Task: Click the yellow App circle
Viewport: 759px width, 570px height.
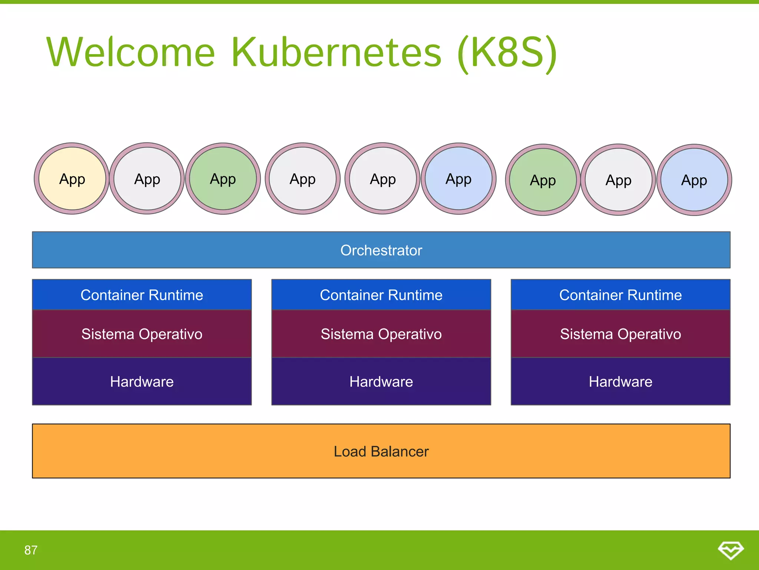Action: pos(72,179)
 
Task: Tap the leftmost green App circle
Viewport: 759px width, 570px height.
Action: pos(223,179)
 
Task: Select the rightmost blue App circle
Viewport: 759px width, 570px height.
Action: pos(694,180)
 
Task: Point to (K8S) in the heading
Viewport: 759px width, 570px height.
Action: pos(507,53)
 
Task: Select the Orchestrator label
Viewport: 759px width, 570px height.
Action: pos(381,250)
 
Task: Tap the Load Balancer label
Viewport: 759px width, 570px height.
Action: pos(381,451)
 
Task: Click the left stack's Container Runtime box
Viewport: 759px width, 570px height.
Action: pos(142,295)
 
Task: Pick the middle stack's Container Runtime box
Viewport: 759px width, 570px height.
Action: pos(381,295)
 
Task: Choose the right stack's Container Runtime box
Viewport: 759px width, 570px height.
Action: pos(620,295)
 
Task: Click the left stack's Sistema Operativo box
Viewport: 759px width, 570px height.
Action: pos(142,334)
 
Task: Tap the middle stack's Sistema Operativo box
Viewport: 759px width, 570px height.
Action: pos(381,334)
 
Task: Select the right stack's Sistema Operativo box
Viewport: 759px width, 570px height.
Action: pos(620,334)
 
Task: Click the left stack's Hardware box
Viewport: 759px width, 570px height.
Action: pos(142,381)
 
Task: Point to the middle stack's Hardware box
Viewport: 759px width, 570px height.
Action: pos(381,381)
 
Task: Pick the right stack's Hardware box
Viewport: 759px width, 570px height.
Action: pos(620,381)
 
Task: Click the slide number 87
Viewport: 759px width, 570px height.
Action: pos(31,550)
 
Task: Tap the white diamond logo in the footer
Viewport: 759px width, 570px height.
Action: pos(730,550)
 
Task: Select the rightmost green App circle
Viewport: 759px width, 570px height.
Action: pos(543,180)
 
